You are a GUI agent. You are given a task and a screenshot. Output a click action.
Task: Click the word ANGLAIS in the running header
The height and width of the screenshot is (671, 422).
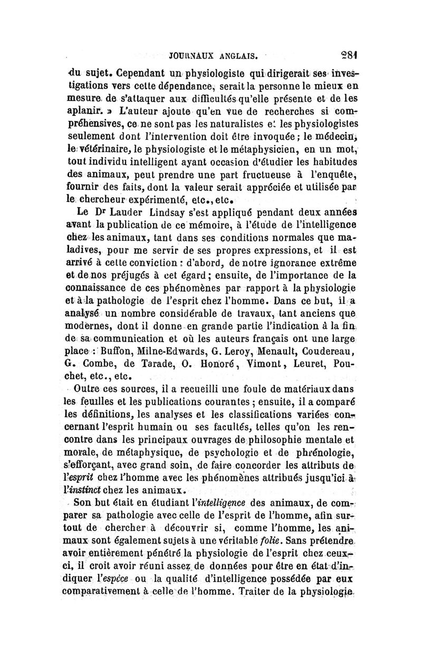point(233,54)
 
